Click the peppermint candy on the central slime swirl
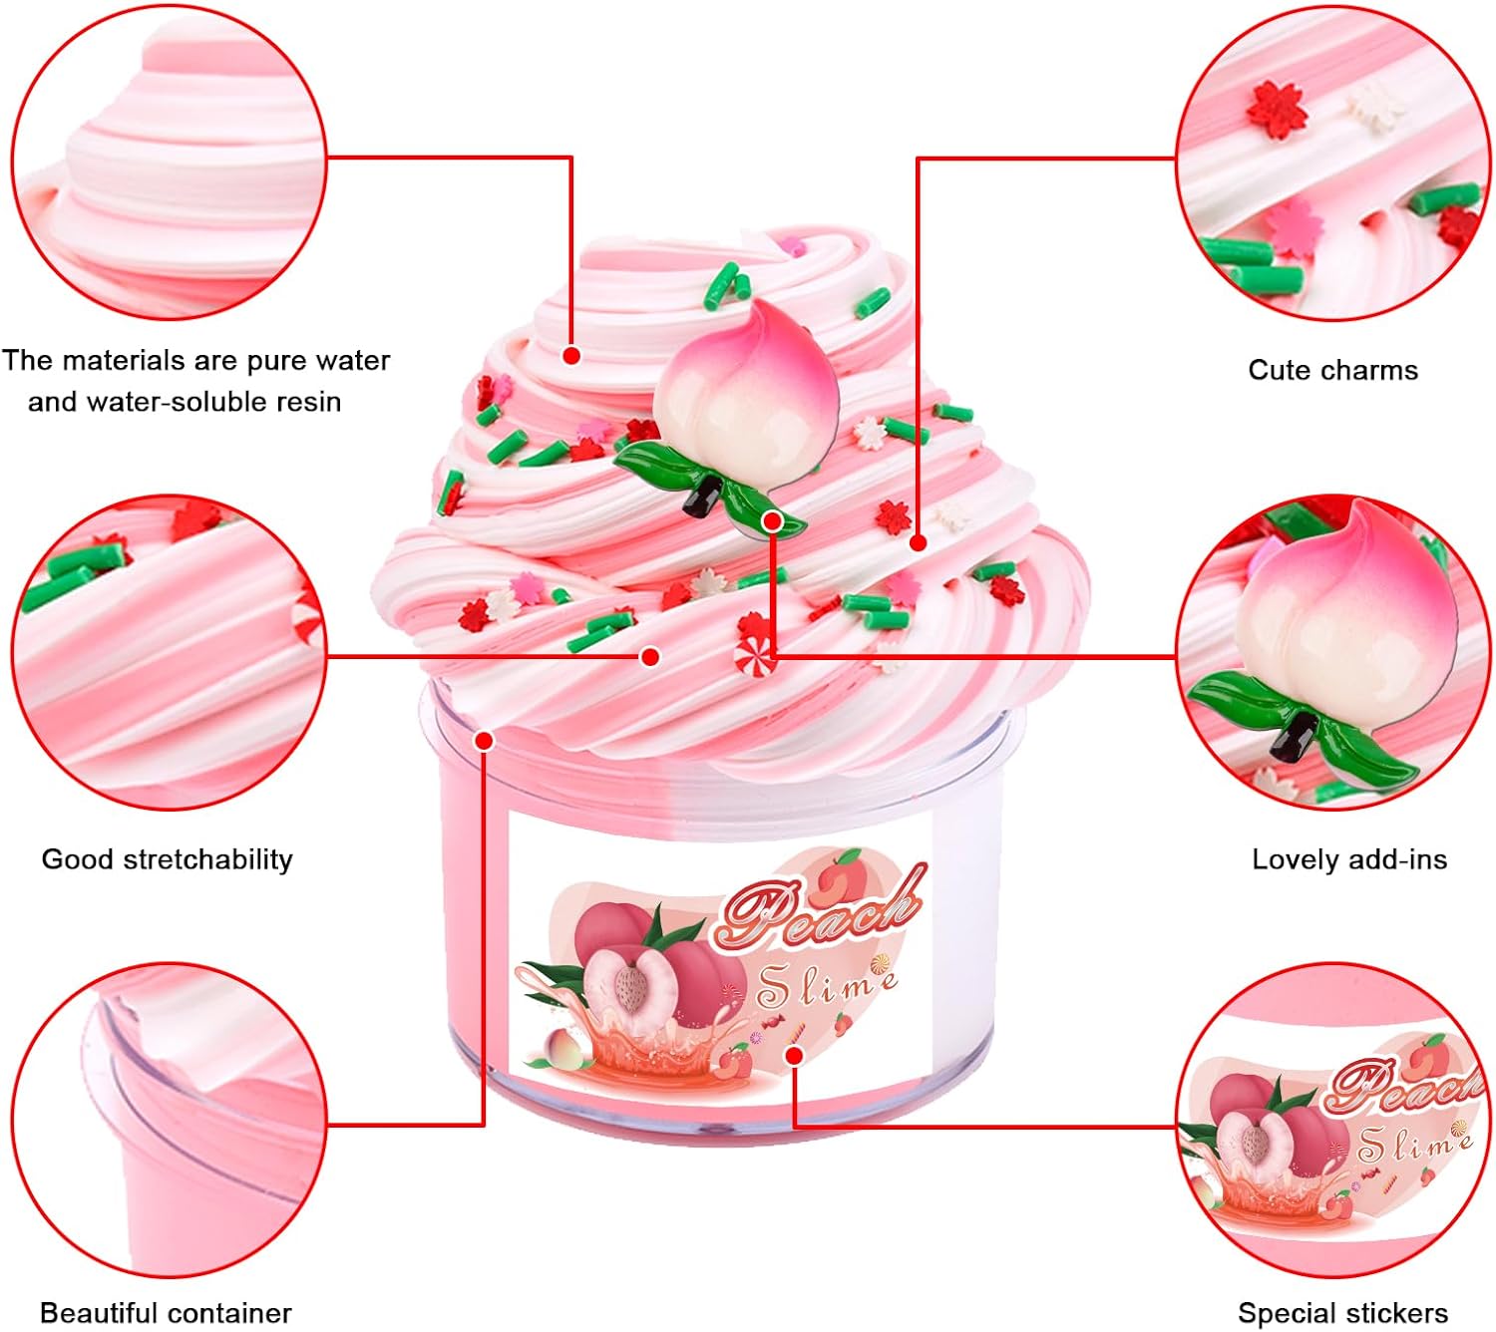point(755,656)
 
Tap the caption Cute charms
point(1332,370)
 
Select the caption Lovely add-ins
point(1348,859)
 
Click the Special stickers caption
point(1342,1312)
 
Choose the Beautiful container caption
point(166,1312)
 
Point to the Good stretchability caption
point(167,859)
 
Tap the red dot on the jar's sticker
point(795,1055)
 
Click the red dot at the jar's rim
point(485,740)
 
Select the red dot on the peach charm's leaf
point(771,520)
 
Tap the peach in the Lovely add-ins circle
point(1341,618)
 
